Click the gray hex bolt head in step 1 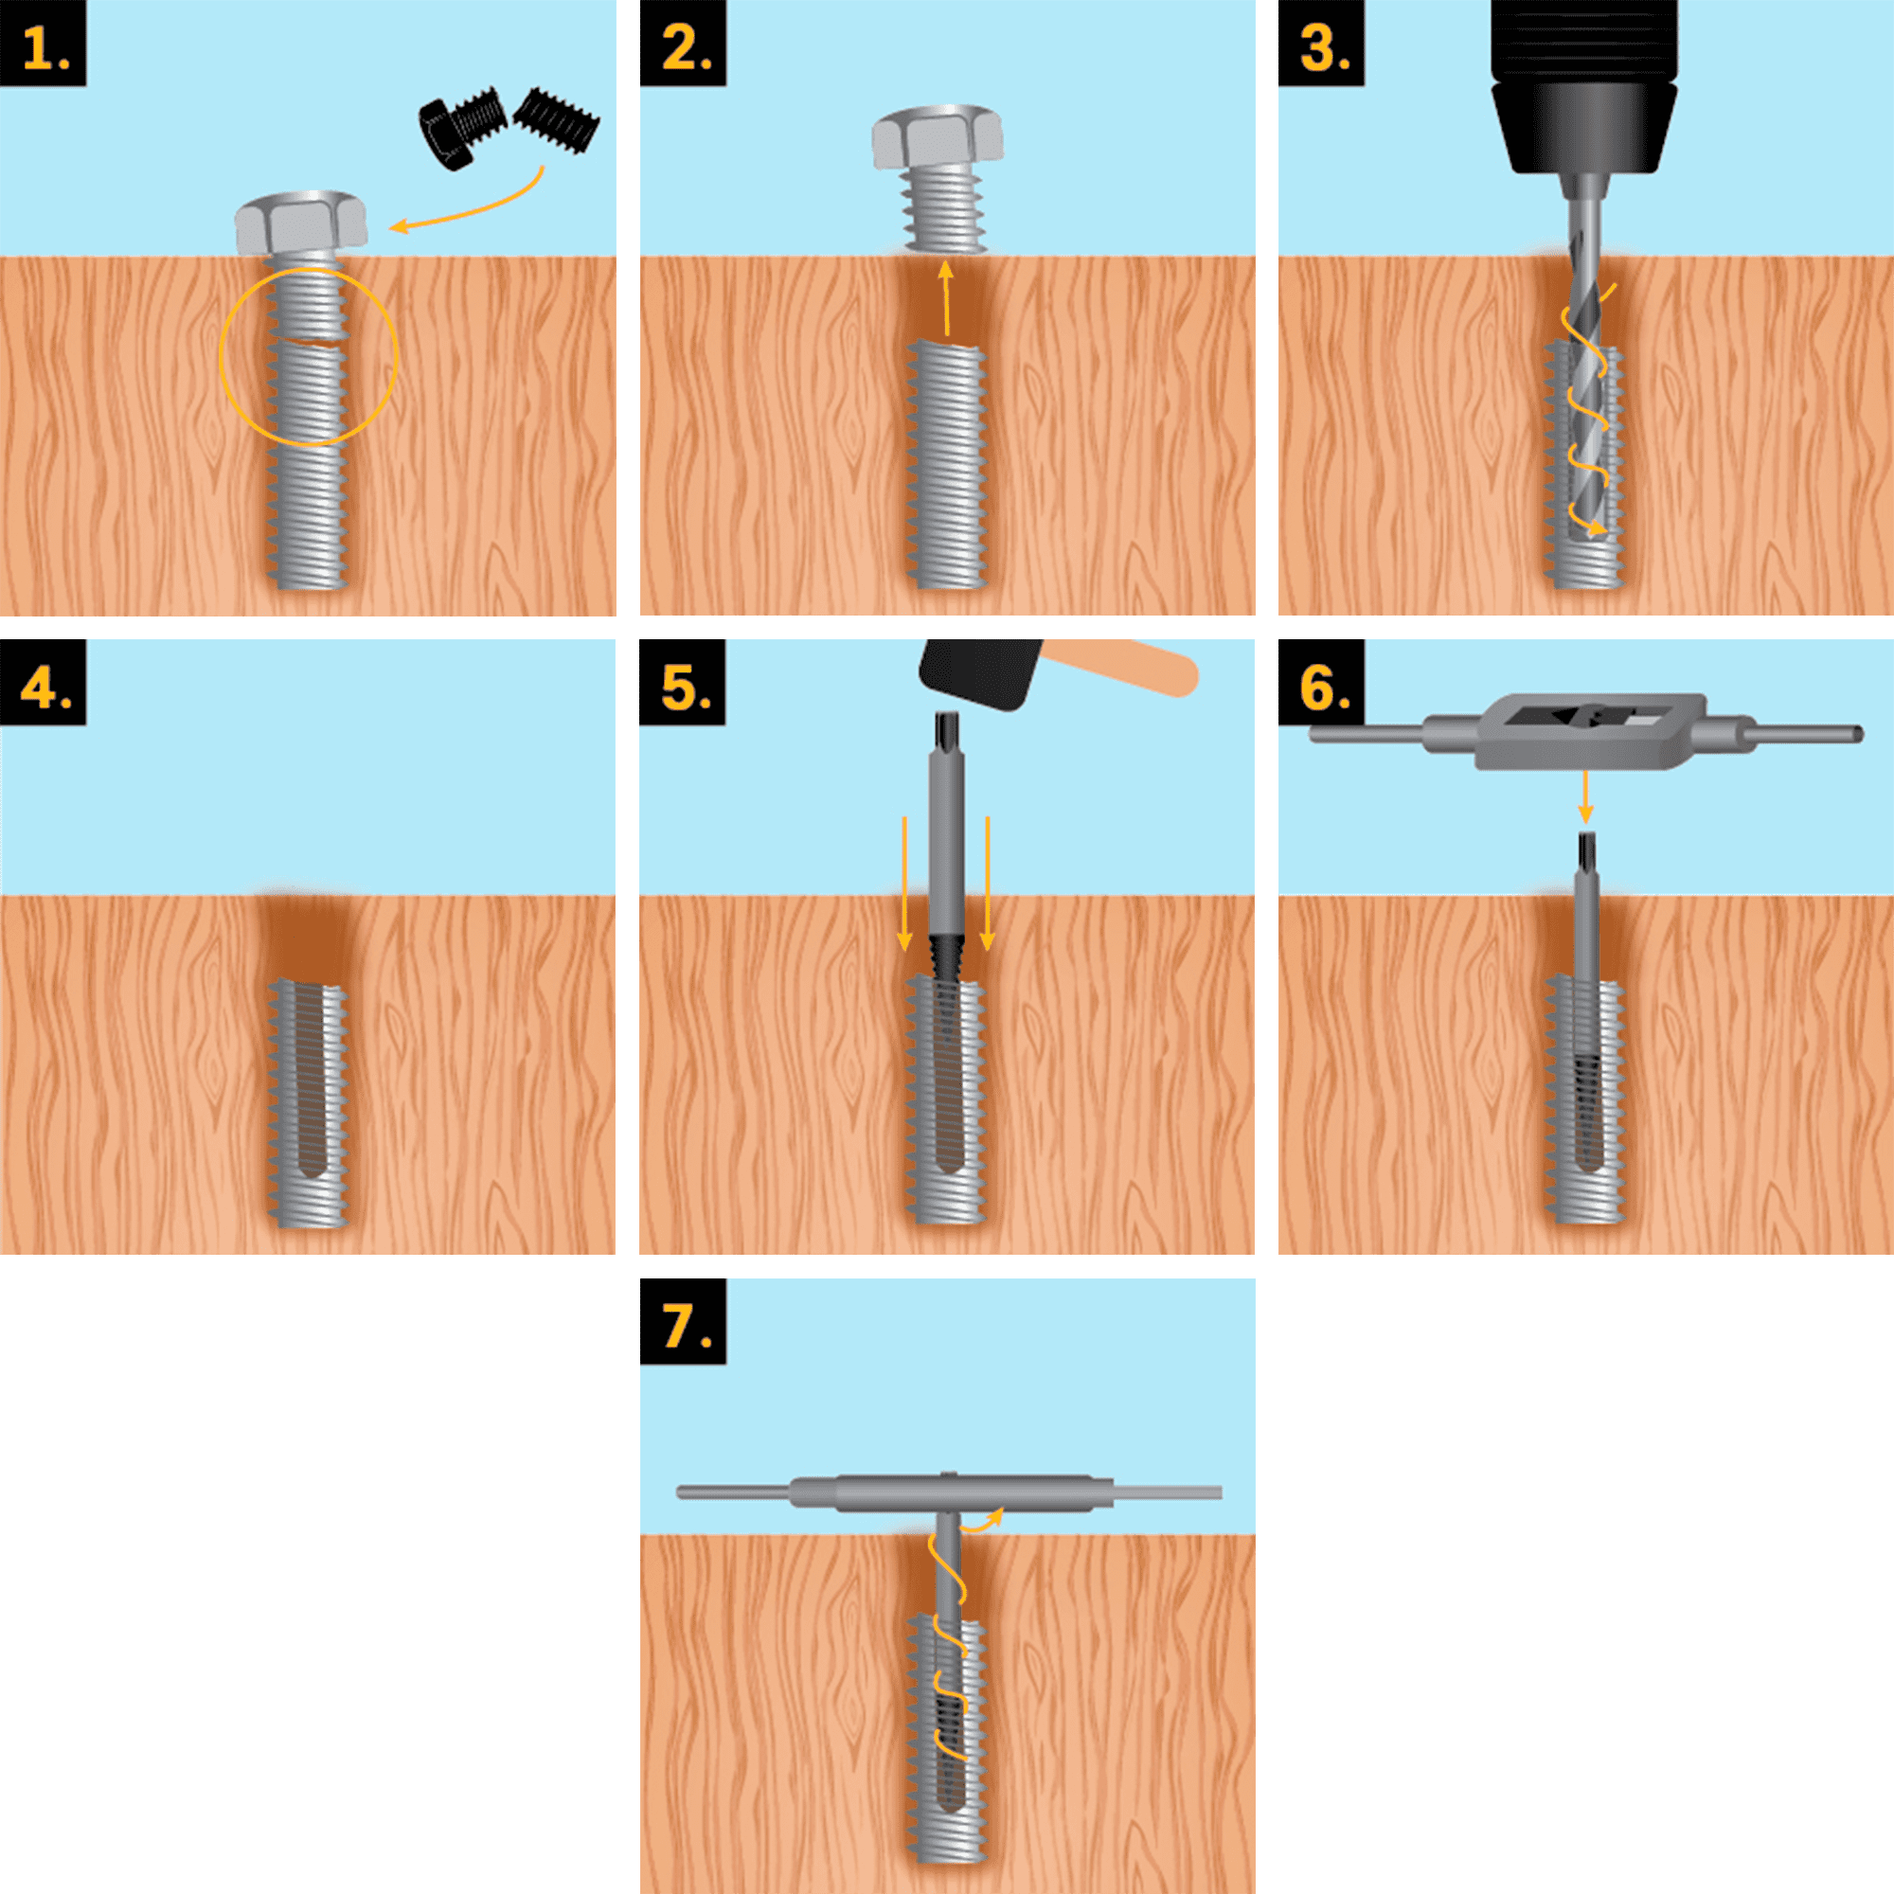(301, 223)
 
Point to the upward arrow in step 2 (946, 298)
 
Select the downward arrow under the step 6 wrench (1585, 797)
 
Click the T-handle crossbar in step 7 (949, 1493)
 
